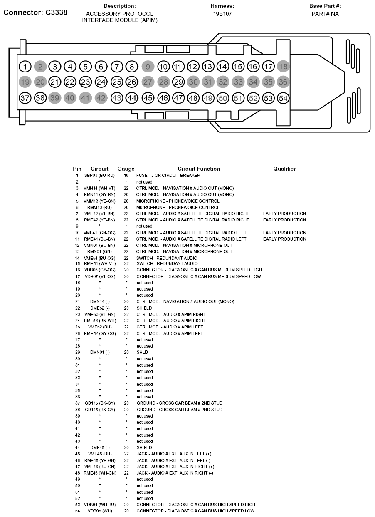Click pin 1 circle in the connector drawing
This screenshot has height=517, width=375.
point(25,67)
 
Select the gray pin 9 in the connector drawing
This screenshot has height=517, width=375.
point(148,66)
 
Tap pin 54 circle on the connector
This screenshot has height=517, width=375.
point(283,98)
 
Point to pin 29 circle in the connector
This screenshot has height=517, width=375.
point(178,82)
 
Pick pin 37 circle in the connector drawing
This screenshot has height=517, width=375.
point(25,98)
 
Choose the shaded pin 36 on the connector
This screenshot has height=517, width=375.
point(283,82)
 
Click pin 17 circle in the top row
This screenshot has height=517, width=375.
point(269,66)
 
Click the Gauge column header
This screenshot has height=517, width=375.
point(126,169)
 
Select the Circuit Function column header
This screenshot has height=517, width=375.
point(199,169)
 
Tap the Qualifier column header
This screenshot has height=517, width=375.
point(284,169)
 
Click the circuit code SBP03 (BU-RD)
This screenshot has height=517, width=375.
point(99,175)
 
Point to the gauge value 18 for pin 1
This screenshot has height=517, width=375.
point(126,175)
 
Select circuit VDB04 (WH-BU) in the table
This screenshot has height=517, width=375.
point(99,505)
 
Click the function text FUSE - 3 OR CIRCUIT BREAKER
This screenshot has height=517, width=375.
point(168,175)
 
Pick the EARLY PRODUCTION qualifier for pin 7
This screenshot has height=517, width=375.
point(284,214)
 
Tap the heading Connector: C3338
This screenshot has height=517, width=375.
point(35,12)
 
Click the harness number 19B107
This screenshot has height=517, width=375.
point(222,14)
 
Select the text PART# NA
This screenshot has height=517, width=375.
point(325,14)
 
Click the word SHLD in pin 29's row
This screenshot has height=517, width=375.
point(142,352)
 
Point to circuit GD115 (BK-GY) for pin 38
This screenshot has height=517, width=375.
point(99,410)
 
